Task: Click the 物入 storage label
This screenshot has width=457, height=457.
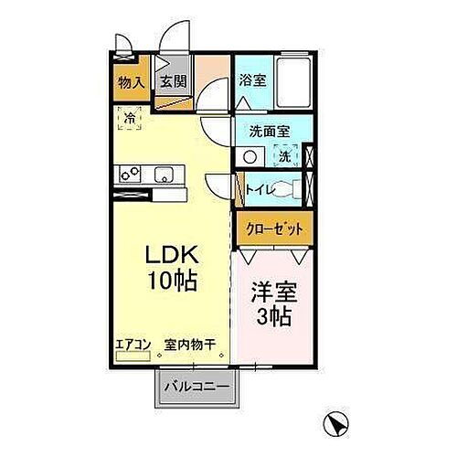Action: (131, 82)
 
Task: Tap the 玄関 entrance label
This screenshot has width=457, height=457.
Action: (173, 81)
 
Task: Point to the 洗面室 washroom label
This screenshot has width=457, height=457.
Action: (270, 131)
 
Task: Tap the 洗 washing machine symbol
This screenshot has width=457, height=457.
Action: (285, 156)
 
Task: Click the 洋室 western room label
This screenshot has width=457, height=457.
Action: (271, 295)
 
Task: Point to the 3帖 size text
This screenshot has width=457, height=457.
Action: (271, 319)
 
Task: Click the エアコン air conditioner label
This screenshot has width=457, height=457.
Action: (132, 345)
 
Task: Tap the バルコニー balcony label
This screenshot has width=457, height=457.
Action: (198, 388)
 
